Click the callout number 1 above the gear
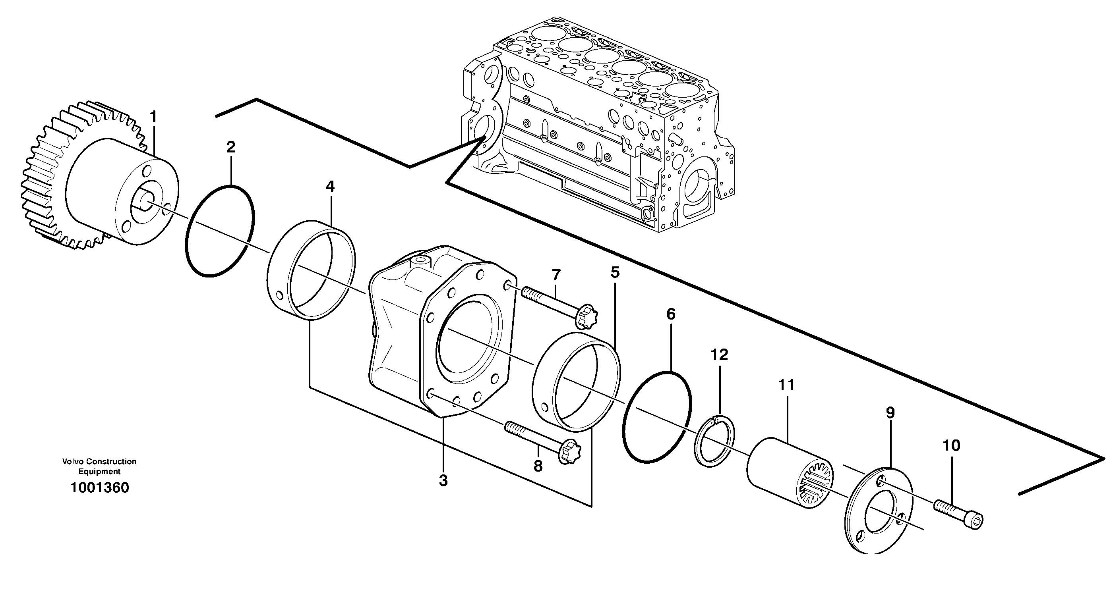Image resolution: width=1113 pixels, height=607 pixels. (153, 117)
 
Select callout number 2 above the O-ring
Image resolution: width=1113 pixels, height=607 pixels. (231, 147)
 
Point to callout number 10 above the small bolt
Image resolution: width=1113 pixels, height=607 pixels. (951, 445)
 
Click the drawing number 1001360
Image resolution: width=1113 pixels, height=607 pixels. (99, 488)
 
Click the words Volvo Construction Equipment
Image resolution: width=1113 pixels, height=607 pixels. (99, 466)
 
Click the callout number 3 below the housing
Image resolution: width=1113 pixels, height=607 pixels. (443, 480)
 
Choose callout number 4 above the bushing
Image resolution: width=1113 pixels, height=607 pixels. (330, 187)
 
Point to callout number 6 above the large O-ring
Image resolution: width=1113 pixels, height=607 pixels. (671, 314)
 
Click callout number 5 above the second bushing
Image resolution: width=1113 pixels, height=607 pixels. (615, 272)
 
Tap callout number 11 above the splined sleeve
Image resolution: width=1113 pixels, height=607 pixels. (786, 385)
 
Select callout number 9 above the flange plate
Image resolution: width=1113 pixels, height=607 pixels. (890, 413)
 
